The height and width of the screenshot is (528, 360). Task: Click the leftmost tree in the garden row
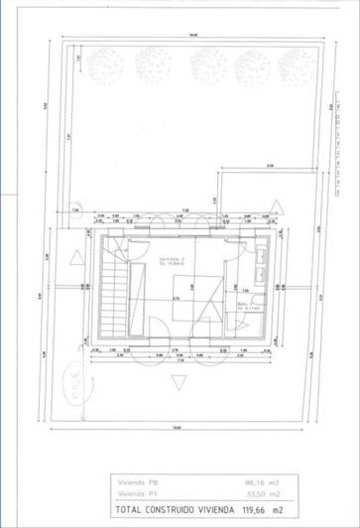click(103, 66)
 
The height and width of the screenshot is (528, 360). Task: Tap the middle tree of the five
click(198, 66)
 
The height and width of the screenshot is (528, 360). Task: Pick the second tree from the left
click(151, 66)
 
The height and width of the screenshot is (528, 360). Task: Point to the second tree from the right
click(246, 66)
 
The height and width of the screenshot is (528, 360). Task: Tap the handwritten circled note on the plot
click(74, 381)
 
